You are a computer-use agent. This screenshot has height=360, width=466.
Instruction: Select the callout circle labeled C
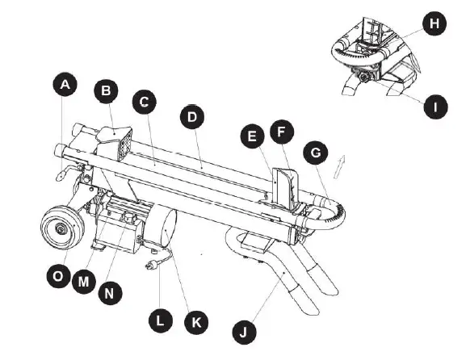pos(145,103)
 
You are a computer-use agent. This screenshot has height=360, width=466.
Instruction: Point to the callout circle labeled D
pos(191,118)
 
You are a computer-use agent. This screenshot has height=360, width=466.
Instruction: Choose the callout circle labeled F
pos(283,132)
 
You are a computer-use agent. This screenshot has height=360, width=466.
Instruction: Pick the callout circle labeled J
pos(243,329)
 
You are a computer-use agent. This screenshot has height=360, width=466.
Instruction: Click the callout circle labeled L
pos(162,320)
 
